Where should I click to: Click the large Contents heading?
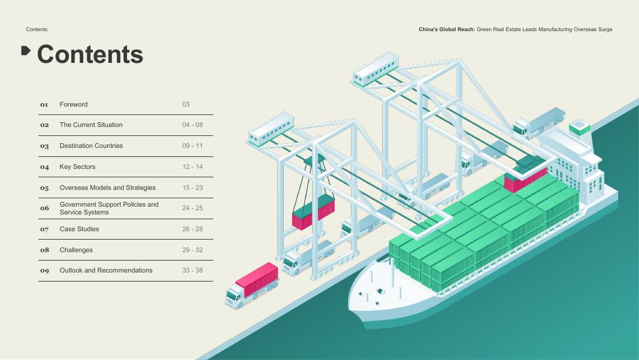coord(90,55)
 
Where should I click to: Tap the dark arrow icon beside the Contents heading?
coord(26,50)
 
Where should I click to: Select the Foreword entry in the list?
coord(74,104)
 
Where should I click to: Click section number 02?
coord(44,125)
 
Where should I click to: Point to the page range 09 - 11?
coord(192,146)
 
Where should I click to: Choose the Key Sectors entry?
coord(77,167)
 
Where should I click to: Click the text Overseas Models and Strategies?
coord(107,187)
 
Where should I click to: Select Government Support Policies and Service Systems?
coord(109,208)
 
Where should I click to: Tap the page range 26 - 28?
coord(192,229)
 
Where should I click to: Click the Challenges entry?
coord(76,250)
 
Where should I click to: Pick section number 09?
coord(44,271)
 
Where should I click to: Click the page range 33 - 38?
coord(192,270)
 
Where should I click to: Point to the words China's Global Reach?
coord(446,29)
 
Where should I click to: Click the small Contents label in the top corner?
coord(37,29)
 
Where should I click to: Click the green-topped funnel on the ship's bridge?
coord(579,127)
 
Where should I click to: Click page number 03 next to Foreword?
coord(186,104)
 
